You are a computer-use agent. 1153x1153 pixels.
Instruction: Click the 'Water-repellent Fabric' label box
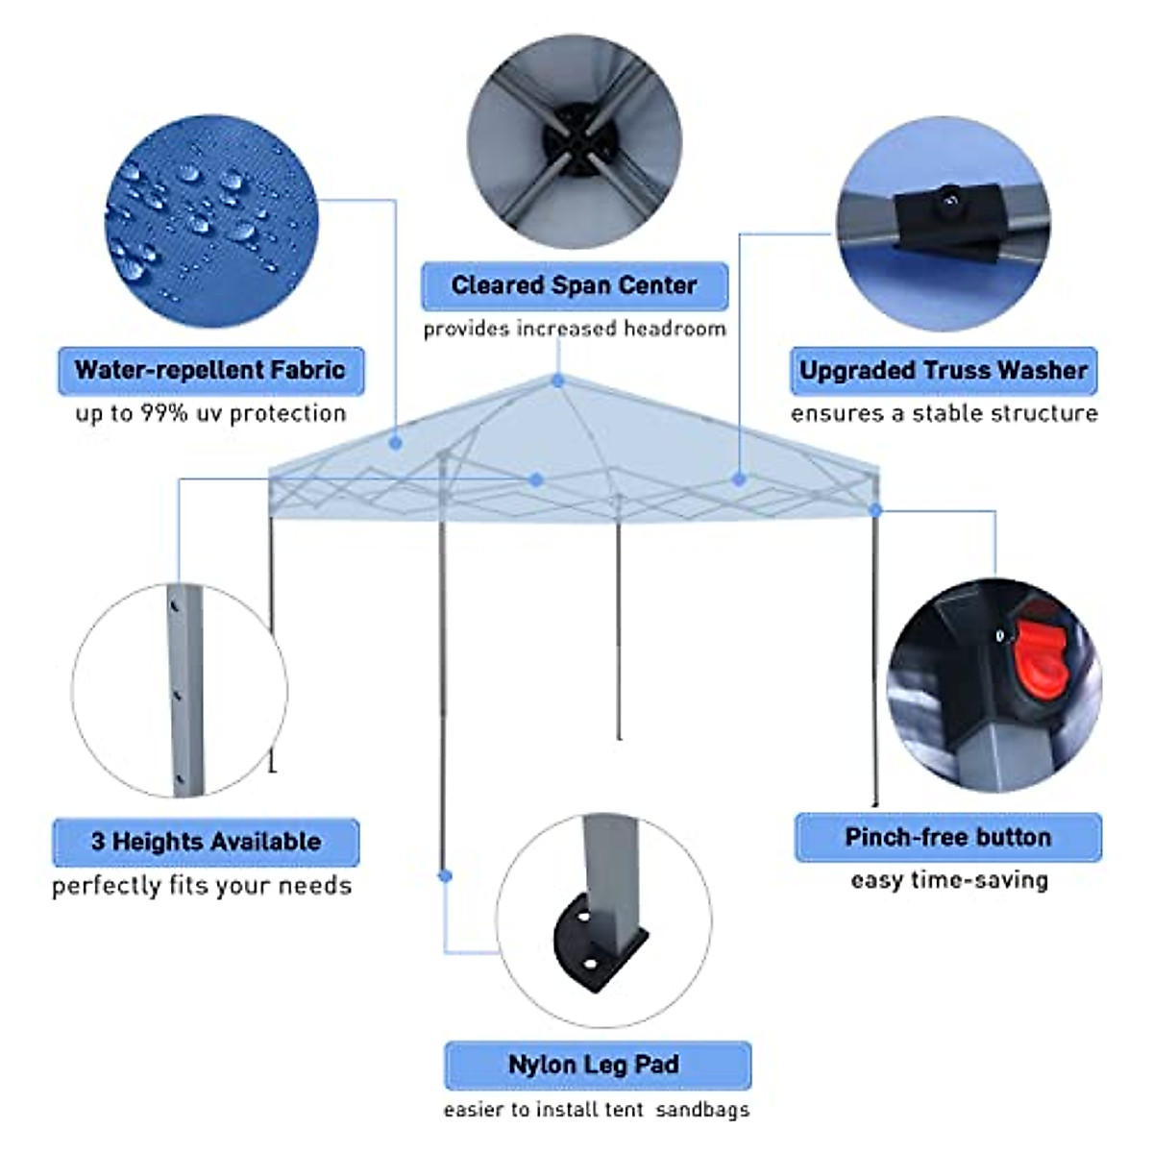tap(210, 370)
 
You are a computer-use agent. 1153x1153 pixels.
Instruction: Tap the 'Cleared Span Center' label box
tap(574, 285)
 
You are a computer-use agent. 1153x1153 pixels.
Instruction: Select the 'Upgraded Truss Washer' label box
tap(943, 370)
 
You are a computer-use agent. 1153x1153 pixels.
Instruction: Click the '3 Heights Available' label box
tap(206, 842)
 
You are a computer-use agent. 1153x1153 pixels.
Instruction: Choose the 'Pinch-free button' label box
tap(947, 837)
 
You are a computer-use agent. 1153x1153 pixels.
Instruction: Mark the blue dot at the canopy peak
tap(558, 381)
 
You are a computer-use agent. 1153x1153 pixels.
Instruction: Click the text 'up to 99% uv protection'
tap(210, 414)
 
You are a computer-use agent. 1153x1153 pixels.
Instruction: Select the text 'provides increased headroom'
tap(574, 329)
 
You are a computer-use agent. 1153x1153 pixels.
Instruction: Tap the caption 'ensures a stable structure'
tap(944, 413)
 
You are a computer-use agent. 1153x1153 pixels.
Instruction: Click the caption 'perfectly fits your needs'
tap(202, 885)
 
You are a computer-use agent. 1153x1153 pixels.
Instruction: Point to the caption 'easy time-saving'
tap(948, 880)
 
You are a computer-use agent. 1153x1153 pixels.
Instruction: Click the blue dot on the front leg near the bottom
tap(445, 875)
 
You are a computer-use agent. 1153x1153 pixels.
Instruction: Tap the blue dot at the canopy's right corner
tap(875, 509)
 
